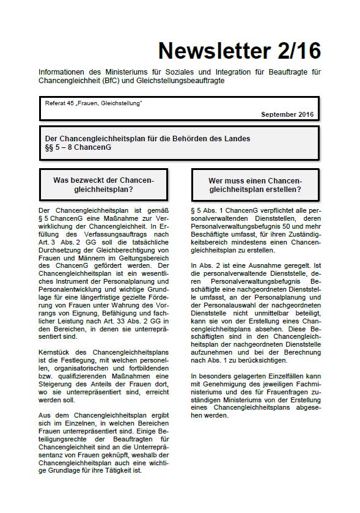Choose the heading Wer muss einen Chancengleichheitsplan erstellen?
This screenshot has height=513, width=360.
coord(255,185)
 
